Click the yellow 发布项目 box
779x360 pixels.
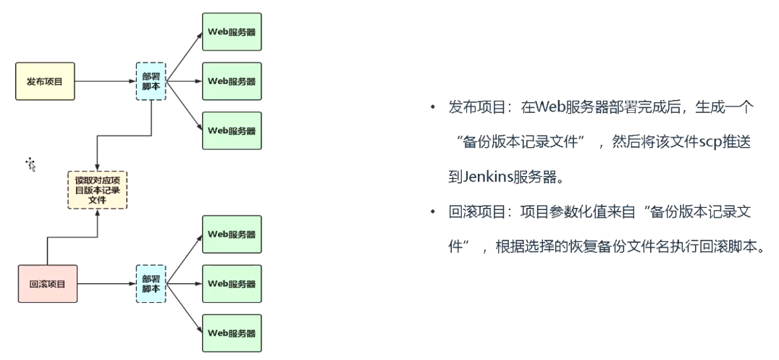point(45,81)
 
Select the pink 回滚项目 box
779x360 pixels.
point(48,284)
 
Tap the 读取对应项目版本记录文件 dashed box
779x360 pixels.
point(96,190)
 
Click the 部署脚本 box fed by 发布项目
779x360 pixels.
point(151,81)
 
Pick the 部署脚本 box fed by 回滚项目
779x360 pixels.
point(151,283)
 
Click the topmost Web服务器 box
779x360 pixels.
point(232,31)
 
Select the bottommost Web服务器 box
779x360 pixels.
point(232,333)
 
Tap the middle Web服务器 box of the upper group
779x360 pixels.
point(232,81)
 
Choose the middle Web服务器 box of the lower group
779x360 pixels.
point(232,283)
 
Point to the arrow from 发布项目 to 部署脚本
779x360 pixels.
point(105,81)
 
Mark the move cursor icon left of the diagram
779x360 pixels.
point(31,164)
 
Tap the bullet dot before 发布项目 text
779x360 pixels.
point(432,108)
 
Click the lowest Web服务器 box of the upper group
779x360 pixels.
point(232,131)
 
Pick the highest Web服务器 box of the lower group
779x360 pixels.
point(232,234)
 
